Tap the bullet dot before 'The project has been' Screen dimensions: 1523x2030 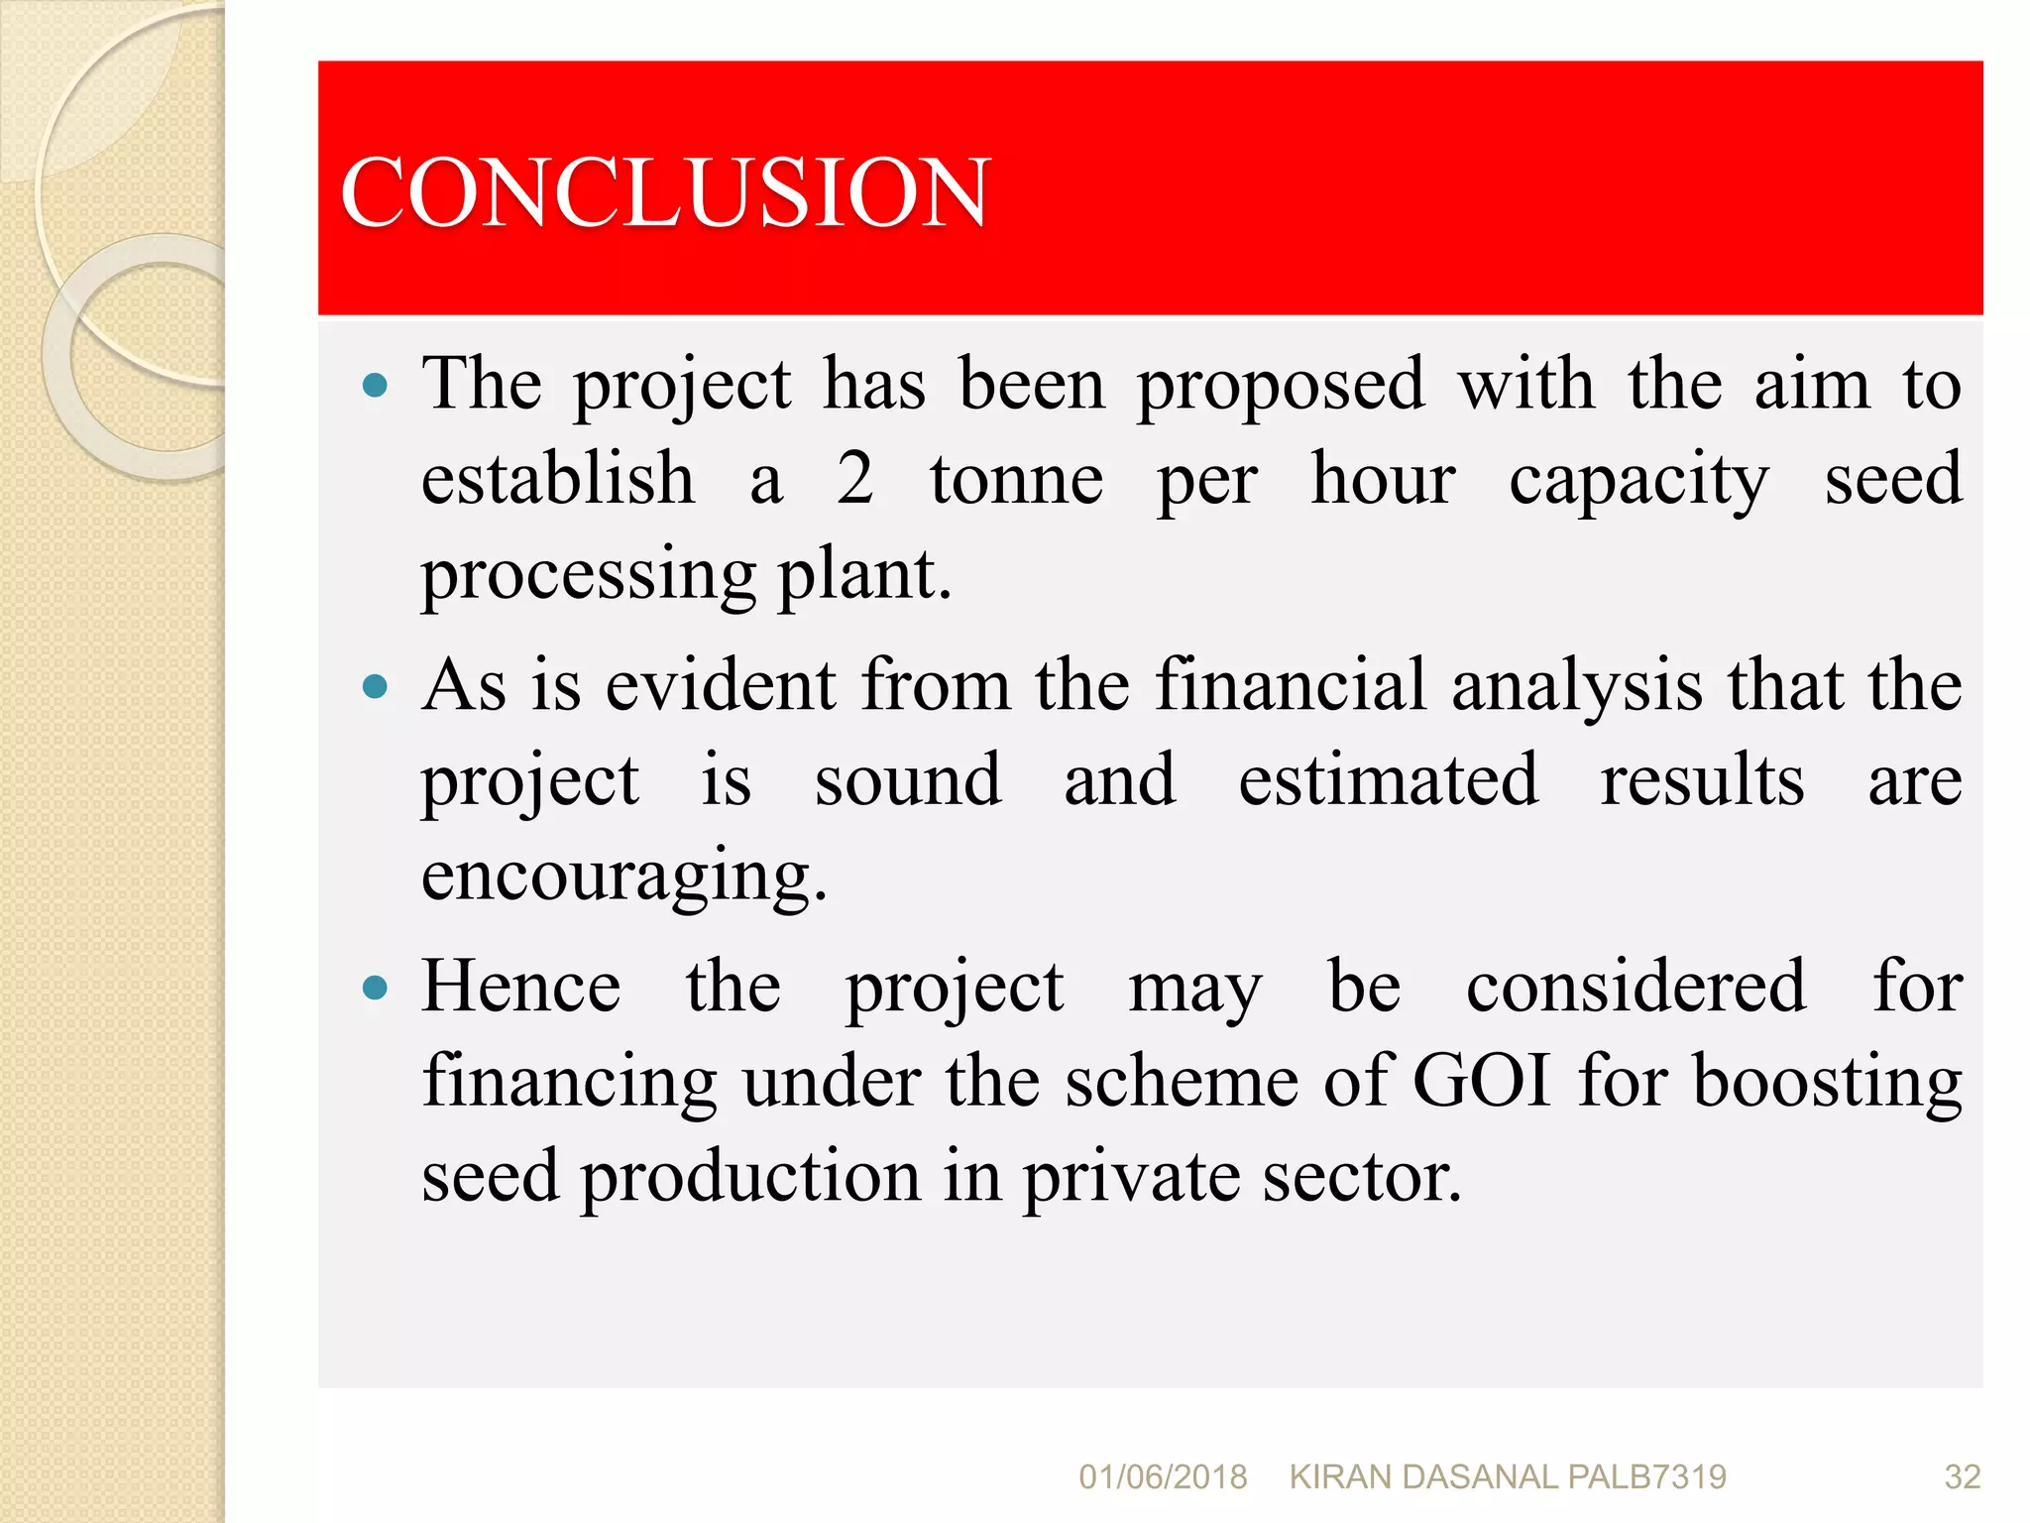click(375, 385)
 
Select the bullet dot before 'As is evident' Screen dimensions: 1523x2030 click(375, 686)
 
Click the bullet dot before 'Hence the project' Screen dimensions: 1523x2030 click(375, 988)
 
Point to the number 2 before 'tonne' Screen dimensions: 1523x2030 click(854, 479)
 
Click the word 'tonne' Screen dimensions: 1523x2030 click(1016, 479)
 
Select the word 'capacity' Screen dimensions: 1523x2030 click(1638, 481)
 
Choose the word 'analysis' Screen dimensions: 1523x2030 click(1577, 686)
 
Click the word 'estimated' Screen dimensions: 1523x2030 click(1389, 779)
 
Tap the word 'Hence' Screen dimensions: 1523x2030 click(521, 987)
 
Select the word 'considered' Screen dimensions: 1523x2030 click(1636, 987)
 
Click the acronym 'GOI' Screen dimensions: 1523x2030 click(1481, 1080)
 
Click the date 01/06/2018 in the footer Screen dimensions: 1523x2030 click(1163, 1477)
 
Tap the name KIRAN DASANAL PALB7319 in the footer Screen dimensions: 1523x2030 click(1508, 1477)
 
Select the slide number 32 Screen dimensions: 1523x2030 click(1962, 1477)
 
